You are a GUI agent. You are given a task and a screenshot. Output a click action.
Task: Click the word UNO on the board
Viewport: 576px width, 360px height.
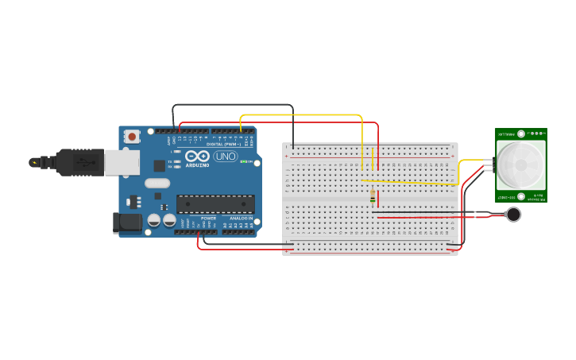[226, 156]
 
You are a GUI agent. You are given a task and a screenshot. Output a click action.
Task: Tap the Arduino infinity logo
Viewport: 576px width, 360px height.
[197, 156]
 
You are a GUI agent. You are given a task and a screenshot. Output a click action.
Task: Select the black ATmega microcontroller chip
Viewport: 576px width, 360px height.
[215, 203]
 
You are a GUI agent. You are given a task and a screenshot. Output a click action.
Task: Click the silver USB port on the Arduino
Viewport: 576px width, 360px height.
[122, 162]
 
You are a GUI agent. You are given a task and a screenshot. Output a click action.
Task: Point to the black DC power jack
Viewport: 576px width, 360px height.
[128, 223]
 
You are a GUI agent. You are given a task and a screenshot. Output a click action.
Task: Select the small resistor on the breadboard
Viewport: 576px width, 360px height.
[373, 195]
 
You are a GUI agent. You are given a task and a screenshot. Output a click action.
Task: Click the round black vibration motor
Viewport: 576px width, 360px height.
[514, 214]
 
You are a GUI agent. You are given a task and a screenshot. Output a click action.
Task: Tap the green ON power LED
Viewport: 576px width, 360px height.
[250, 162]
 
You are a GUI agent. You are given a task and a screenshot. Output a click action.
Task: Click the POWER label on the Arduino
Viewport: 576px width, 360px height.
[208, 218]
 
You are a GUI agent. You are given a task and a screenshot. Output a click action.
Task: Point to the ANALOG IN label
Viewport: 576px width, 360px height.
[242, 218]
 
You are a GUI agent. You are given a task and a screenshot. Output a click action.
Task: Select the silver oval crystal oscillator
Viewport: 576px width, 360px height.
[157, 183]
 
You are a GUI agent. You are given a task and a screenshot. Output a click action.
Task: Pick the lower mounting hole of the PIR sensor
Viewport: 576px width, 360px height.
[520, 196]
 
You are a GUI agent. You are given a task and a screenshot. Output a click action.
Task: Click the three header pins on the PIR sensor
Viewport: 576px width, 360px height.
[493, 165]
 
